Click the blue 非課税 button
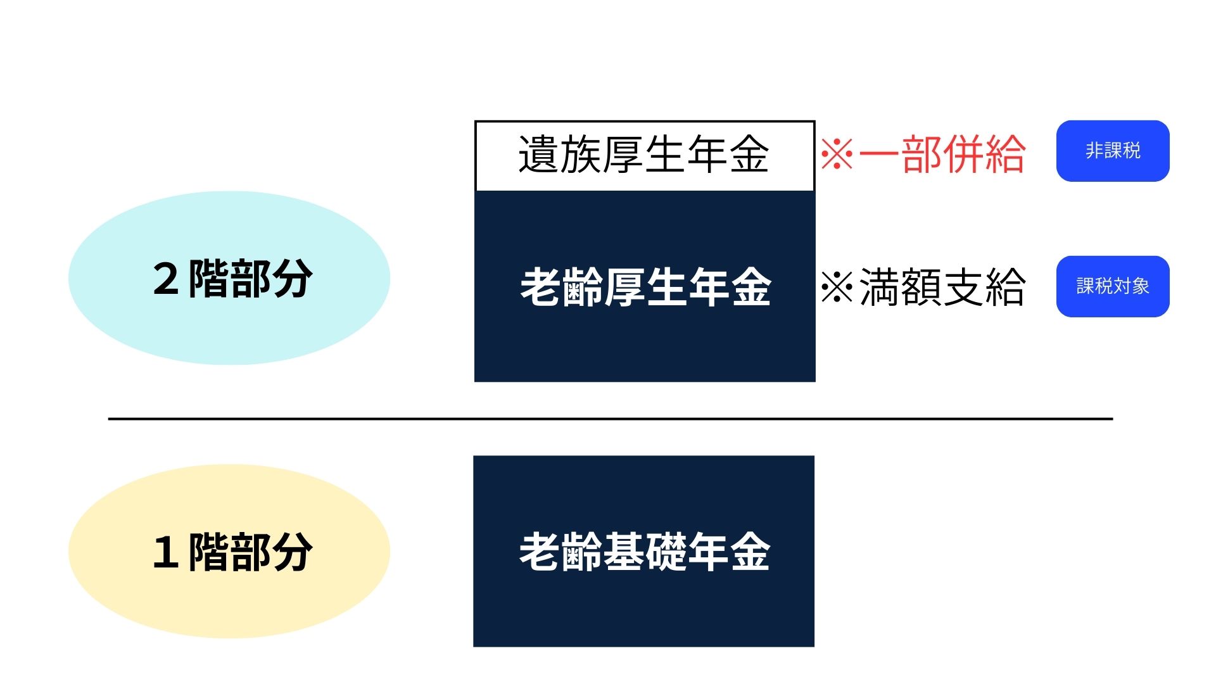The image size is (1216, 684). pos(1112,151)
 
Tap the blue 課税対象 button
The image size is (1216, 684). pos(1112,286)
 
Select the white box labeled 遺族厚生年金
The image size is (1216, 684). pos(644,155)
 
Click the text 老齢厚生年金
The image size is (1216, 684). pos(645,287)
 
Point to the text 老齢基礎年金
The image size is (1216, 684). pos(644,552)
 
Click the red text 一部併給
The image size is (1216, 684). pos(942,155)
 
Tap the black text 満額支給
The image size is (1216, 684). pos(942,287)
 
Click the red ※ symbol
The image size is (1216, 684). pos(837,155)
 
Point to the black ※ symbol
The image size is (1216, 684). pos(837,288)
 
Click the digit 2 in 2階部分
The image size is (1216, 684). pos(165,279)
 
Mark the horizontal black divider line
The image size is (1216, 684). pos(610,419)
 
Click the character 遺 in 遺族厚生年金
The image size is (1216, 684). pos(538,155)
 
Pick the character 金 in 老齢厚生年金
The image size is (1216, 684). pos(750,287)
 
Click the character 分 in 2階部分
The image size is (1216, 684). pos(292,279)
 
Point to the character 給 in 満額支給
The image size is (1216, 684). pos(1004,287)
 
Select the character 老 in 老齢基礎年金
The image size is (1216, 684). pos(539,552)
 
